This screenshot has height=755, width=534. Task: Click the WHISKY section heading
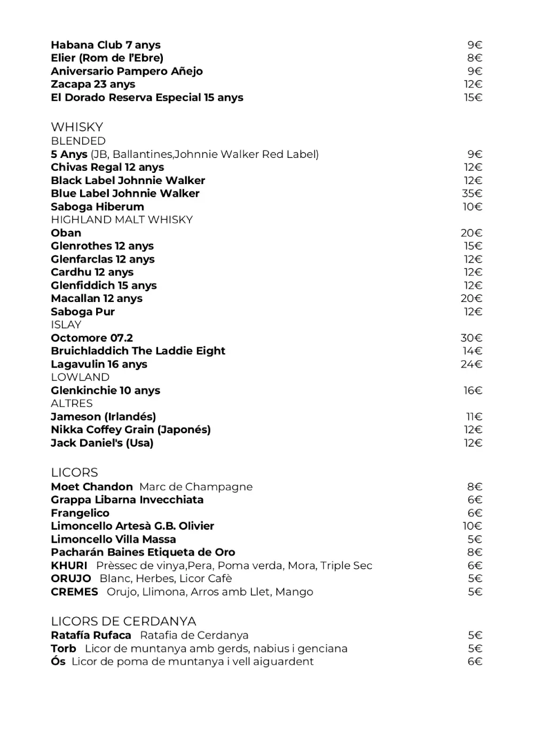(x=77, y=127)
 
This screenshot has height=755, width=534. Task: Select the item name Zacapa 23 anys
(x=93, y=84)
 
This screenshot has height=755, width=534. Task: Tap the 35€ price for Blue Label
(x=472, y=194)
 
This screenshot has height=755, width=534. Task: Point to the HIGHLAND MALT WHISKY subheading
(x=122, y=220)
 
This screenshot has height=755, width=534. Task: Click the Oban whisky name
(x=66, y=233)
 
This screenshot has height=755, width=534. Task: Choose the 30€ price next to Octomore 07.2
(x=471, y=338)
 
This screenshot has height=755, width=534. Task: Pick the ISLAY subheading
(x=66, y=325)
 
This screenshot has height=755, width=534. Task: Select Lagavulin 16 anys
(x=99, y=364)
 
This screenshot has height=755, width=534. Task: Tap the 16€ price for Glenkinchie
(x=473, y=391)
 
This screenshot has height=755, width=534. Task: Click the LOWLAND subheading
(x=80, y=377)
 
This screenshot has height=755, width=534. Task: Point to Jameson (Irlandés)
(x=104, y=417)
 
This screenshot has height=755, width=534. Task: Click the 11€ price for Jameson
(x=474, y=417)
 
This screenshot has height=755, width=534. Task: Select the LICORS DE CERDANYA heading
(x=123, y=622)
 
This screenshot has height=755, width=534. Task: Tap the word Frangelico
(x=80, y=513)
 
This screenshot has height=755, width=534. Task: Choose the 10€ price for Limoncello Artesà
(x=472, y=526)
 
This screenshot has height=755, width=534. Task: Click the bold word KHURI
(x=69, y=566)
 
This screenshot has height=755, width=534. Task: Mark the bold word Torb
(x=64, y=649)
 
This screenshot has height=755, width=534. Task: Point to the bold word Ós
(x=58, y=662)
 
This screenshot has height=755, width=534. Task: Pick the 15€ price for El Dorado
(x=473, y=98)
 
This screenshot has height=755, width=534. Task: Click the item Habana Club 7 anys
(x=106, y=45)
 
